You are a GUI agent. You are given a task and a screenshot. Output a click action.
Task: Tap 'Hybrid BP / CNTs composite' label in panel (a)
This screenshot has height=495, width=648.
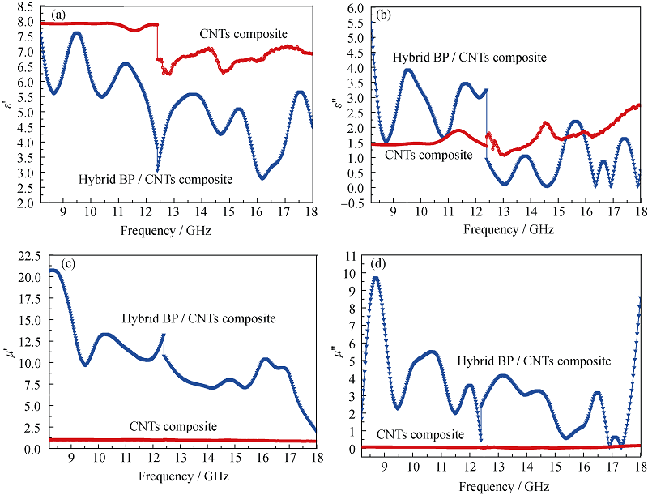[x=156, y=178]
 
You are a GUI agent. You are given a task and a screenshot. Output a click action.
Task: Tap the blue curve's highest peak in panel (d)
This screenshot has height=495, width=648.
[x=376, y=278]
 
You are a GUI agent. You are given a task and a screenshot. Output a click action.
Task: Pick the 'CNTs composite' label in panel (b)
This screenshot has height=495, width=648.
[x=428, y=154]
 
